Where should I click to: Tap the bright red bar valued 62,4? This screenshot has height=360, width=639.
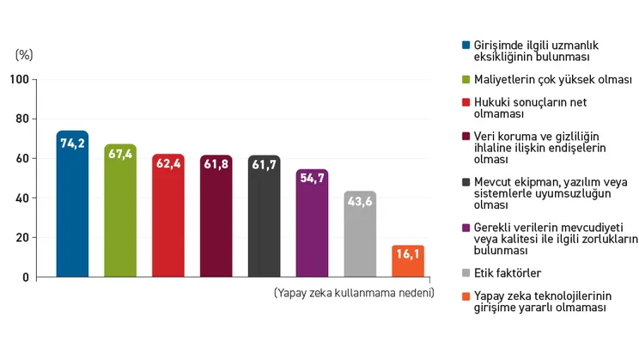[168, 216]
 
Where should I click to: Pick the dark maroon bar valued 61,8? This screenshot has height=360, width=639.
[216, 217]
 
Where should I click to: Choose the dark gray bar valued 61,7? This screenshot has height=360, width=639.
[265, 217]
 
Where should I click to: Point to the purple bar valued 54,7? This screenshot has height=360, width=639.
[312, 223]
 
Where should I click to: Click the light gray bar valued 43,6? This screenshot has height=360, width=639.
[360, 235]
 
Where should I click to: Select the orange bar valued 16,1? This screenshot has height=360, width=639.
[408, 261]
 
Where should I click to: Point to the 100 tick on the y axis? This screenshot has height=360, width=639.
[20, 80]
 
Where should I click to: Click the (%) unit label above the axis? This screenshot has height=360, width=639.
[24, 54]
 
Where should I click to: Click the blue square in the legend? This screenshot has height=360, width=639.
[465, 45]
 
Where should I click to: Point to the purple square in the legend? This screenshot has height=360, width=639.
[465, 228]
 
